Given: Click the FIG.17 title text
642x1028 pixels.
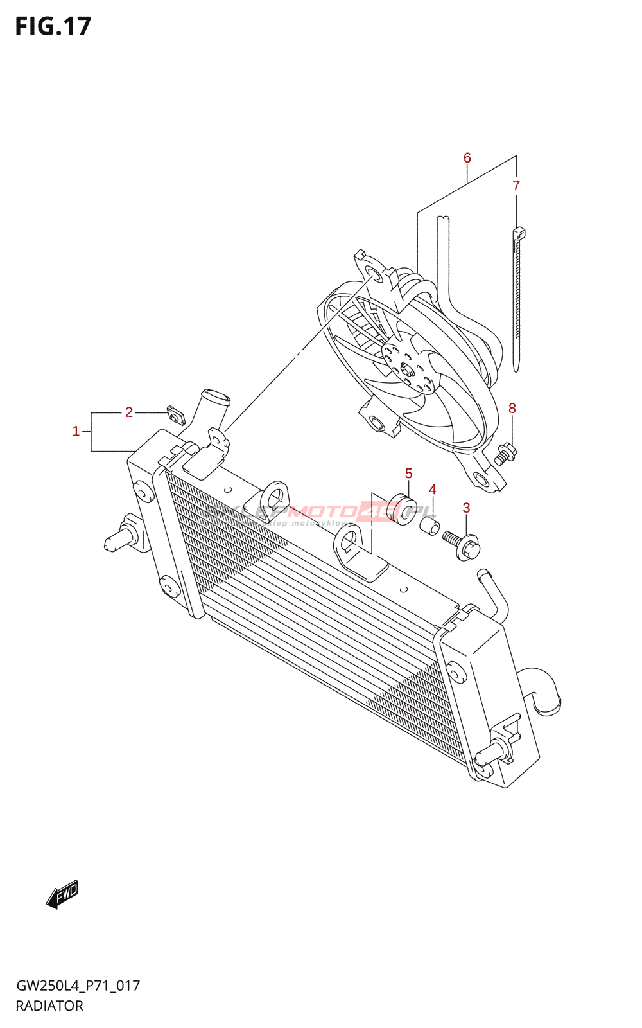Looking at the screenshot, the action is pos(53,26).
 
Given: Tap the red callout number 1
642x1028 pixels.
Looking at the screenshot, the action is pos(76,431).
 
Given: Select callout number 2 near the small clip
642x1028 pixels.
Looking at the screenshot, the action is pos(129,412).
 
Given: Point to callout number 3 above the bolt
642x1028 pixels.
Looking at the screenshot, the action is pos(466,508).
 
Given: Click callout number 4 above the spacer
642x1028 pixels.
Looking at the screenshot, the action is pos(432,490).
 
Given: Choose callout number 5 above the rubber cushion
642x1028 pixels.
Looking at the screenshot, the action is pos(408,474).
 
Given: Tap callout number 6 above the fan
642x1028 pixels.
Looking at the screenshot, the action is pos(467,157).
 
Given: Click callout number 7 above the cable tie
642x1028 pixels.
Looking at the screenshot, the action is pos(516,186).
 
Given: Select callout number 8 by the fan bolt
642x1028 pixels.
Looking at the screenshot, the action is pos(512,408).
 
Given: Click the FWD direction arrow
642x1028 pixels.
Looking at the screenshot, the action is pos(62,894).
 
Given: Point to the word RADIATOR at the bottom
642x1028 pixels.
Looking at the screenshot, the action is pos(49,1006).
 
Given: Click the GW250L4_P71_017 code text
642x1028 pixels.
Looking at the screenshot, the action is pos(78,986).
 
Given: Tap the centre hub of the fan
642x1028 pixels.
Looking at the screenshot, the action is pos(406,369).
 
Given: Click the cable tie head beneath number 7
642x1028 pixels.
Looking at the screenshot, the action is pos(519,232).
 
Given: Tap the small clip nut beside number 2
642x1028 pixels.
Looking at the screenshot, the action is pos(176,415).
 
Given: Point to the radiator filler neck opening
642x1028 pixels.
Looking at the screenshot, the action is pos(215,396).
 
